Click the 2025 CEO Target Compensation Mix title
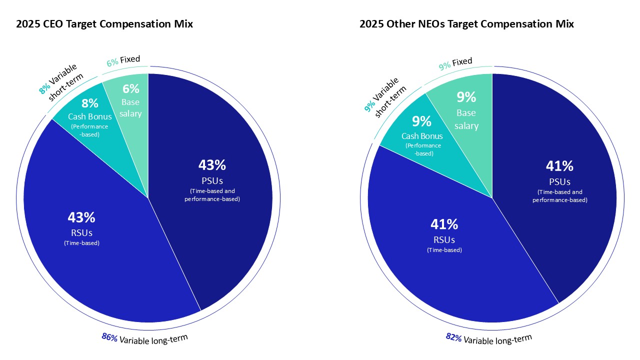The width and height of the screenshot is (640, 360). pos(104,23)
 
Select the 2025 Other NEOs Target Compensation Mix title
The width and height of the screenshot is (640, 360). pos(466,23)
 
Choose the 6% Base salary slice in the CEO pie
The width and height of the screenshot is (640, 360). pos(131,100)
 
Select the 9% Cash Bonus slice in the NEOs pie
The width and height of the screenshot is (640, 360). pos(422,135)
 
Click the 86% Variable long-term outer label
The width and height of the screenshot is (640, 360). pos(145,338)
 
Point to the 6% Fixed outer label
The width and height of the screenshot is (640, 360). pos(123,60)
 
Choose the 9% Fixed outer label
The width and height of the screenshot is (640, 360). pos(455,63)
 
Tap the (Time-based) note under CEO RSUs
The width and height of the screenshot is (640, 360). pos(81,243)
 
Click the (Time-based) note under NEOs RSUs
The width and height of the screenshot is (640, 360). pos(444,250)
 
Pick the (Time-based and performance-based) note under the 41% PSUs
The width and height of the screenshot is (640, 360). pos(559,196)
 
